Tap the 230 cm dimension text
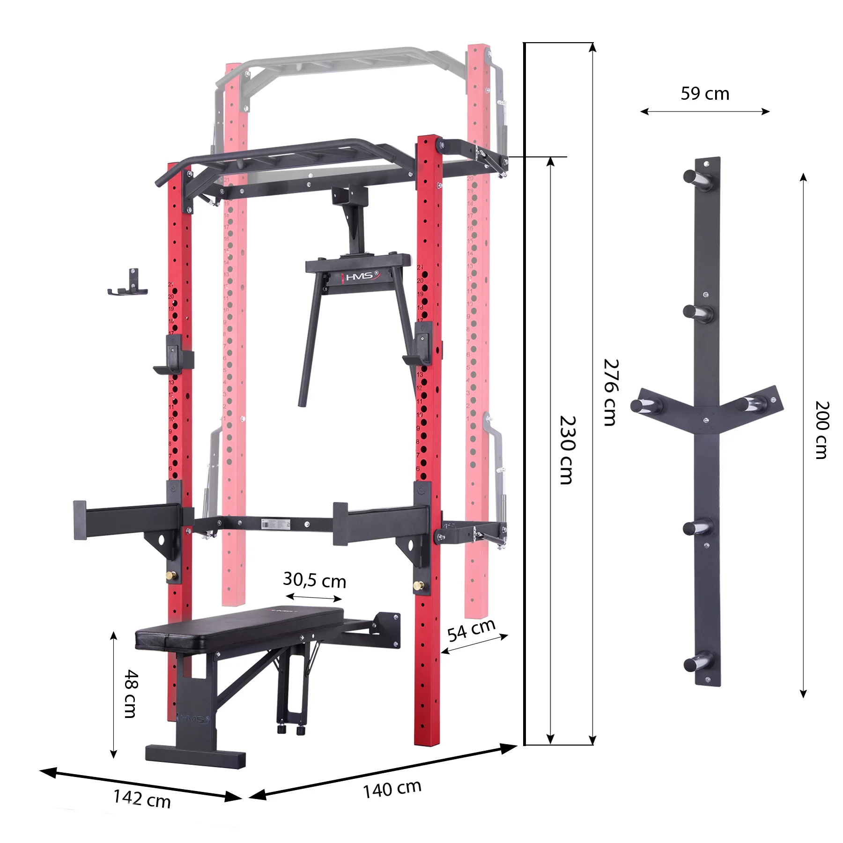tap(567, 450)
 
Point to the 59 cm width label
tap(705, 94)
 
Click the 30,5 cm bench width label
tap(314, 580)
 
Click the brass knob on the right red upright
tap(416, 585)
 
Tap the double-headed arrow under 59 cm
tap(705, 111)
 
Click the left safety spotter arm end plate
tap(80, 520)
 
